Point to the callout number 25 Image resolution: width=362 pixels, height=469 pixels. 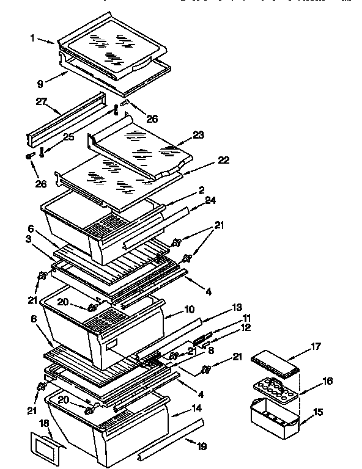(x=68, y=137)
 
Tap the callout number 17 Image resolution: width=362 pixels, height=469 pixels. (x=315, y=346)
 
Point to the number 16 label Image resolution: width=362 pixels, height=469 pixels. (x=327, y=381)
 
